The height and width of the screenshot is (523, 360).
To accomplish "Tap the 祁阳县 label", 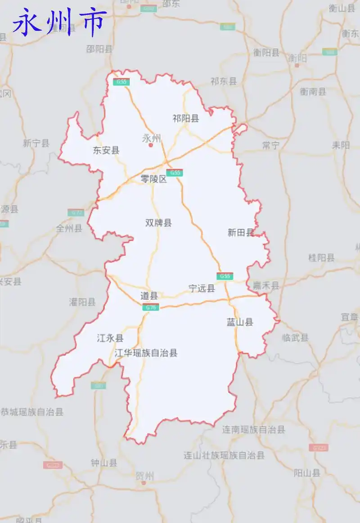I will (x=185, y=118).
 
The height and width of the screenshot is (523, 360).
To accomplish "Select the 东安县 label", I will (x=106, y=150).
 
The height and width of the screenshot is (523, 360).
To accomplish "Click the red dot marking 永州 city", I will (x=151, y=145).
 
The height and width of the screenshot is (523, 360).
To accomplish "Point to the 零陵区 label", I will (x=153, y=179).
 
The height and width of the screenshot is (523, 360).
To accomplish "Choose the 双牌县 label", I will (x=158, y=223).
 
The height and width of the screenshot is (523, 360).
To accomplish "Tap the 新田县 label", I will (x=241, y=233).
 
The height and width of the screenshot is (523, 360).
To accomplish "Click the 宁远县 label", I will (x=202, y=289).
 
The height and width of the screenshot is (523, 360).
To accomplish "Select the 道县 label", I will (x=149, y=296).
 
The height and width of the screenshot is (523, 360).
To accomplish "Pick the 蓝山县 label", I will (x=240, y=322).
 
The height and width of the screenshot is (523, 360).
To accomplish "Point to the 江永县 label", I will (x=110, y=338).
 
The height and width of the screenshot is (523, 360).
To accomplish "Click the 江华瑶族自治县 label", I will (x=146, y=353).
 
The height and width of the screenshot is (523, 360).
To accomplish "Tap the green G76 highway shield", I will (x=151, y=307).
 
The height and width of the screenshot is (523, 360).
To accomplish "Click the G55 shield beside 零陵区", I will (x=174, y=172).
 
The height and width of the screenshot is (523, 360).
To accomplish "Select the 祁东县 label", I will (x=223, y=81).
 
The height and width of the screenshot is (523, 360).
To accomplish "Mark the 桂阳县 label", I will (x=321, y=258).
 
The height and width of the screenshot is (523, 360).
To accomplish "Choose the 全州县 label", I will (x=69, y=228).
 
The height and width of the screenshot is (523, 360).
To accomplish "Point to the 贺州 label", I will (x=144, y=476).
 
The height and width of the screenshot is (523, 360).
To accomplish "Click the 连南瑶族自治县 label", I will (x=253, y=429).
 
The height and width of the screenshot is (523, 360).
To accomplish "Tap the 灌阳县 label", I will (x=82, y=302).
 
